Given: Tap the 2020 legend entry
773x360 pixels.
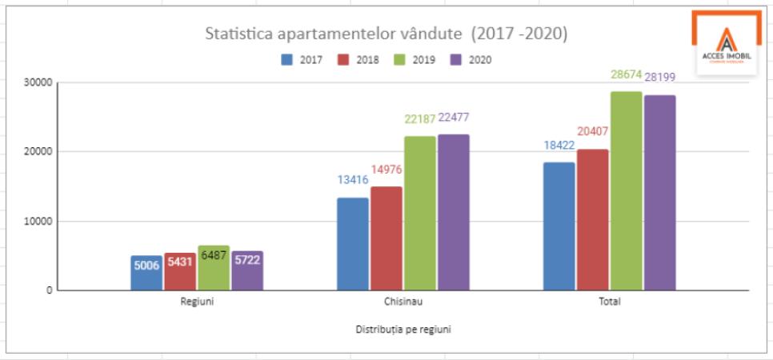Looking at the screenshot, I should coord(470,59).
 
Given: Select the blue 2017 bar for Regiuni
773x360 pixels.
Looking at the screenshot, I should coord(147,273).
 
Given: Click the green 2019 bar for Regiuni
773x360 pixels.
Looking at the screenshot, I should coord(214,268).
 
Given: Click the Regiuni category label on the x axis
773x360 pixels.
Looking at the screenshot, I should coord(196,303).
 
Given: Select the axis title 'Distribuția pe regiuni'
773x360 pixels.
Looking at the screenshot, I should coord(403,329).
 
